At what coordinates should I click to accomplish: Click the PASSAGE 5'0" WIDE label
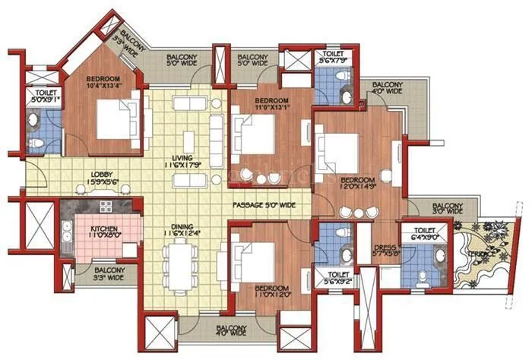tap(264, 204)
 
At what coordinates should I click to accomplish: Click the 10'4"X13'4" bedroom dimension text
tap(103, 86)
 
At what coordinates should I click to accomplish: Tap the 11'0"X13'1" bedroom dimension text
tap(271, 106)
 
